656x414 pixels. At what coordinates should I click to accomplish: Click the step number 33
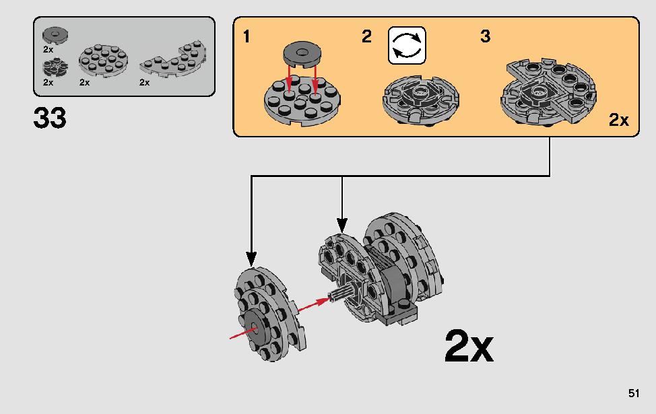pos(50,118)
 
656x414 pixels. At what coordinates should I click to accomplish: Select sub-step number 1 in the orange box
pos(247,37)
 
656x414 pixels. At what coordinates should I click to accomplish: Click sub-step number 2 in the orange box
pos(366,37)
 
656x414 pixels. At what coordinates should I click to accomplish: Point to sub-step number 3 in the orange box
pos(486,37)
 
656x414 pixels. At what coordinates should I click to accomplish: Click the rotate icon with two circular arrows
pos(407,45)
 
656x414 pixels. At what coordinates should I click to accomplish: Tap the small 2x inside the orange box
pos(618,120)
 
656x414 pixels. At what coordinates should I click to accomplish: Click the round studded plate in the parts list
pos(101,61)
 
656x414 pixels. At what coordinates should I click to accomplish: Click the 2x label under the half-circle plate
pos(144,82)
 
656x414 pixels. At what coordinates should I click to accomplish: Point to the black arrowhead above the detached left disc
pos(251,257)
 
